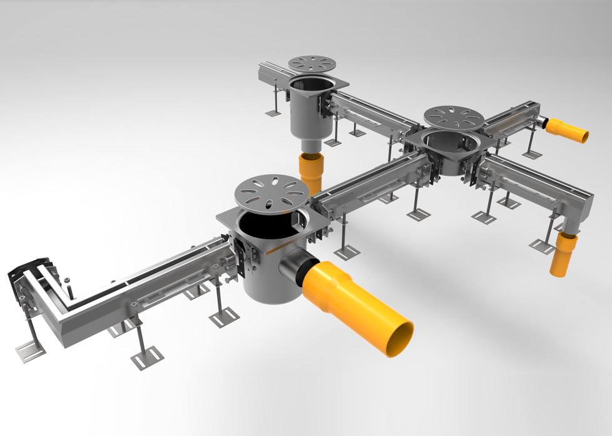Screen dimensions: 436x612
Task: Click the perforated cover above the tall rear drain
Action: [313, 63]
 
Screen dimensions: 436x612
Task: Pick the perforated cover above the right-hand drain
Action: [453, 116]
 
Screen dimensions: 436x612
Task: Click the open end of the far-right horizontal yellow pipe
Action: [584, 136]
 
